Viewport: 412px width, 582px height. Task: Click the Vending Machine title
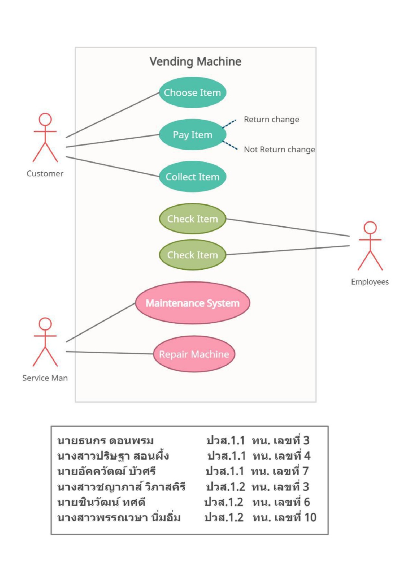(195, 61)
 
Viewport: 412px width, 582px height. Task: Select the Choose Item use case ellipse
(192, 92)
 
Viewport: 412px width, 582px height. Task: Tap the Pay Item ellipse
(192, 135)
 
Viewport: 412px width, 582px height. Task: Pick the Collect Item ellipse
(192, 177)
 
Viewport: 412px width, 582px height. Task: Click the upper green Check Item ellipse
(192, 219)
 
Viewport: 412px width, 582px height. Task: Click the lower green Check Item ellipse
(192, 255)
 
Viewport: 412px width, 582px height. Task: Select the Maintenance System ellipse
(192, 303)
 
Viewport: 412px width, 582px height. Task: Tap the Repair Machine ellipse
(194, 354)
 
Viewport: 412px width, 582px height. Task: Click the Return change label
(271, 119)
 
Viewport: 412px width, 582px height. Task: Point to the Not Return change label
(279, 149)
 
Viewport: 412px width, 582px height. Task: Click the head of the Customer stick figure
(45, 119)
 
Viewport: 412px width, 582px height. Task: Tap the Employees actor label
(370, 282)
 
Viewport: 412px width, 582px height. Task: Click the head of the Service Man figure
(45, 324)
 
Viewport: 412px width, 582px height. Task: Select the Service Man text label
(45, 378)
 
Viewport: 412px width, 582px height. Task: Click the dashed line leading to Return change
(229, 124)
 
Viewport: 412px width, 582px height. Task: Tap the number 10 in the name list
(310, 517)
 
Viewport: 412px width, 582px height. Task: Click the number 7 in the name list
(305, 471)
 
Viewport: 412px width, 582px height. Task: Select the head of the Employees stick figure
(370, 228)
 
